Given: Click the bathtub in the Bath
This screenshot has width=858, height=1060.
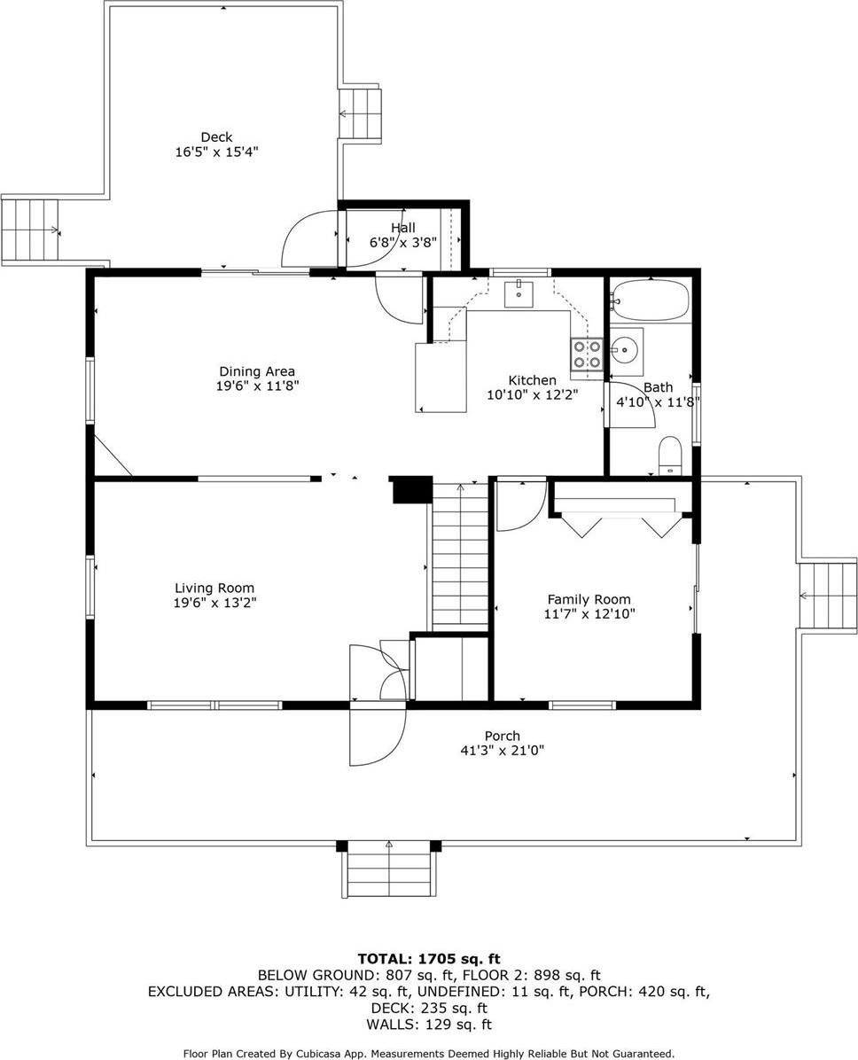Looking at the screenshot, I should coord(650,300).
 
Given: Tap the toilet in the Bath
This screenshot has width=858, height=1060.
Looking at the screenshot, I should coord(669,455).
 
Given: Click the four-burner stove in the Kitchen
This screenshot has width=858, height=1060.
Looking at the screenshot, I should coord(586,355).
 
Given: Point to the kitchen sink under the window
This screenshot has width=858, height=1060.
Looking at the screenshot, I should coord(519,293).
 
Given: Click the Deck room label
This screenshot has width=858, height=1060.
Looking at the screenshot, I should coord(216,136).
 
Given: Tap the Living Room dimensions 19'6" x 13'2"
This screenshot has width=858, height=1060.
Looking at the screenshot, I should coord(214,603).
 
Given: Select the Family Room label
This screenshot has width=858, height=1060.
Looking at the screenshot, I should coord(588,599).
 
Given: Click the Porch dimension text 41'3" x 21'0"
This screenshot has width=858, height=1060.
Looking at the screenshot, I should coord(502,750).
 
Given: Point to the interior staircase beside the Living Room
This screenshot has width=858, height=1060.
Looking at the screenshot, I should coord(460,555).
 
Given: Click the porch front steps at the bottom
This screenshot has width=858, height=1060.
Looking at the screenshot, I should coord(389,869).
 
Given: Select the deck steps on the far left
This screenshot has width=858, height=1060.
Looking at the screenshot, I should coord(30,230).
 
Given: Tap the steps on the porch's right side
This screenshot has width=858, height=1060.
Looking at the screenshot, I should coord(828,594).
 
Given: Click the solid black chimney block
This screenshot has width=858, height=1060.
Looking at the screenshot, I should coord(410,490).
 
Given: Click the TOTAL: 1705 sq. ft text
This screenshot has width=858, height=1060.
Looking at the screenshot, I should coord(429,958).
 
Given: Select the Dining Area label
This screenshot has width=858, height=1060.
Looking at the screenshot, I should coord(257,371).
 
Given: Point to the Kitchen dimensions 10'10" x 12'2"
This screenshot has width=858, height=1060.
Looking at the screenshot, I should coord(533,395).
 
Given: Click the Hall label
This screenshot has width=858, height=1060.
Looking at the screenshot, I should coord(403,228).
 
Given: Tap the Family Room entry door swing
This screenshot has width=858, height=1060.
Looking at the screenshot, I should coord(521,505).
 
